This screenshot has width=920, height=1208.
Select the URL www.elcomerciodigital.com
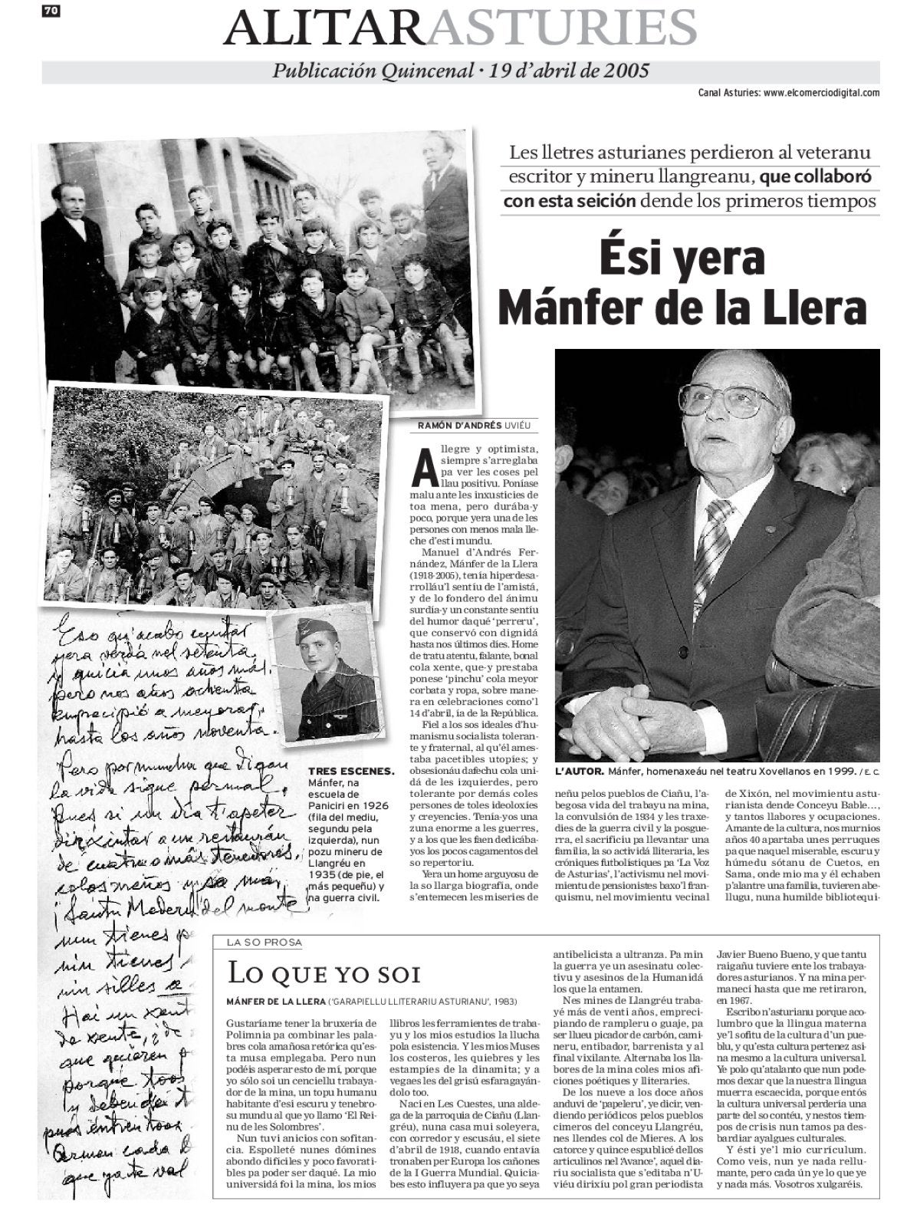[x=821, y=93]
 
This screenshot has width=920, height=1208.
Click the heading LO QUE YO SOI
[x=325, y=974]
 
